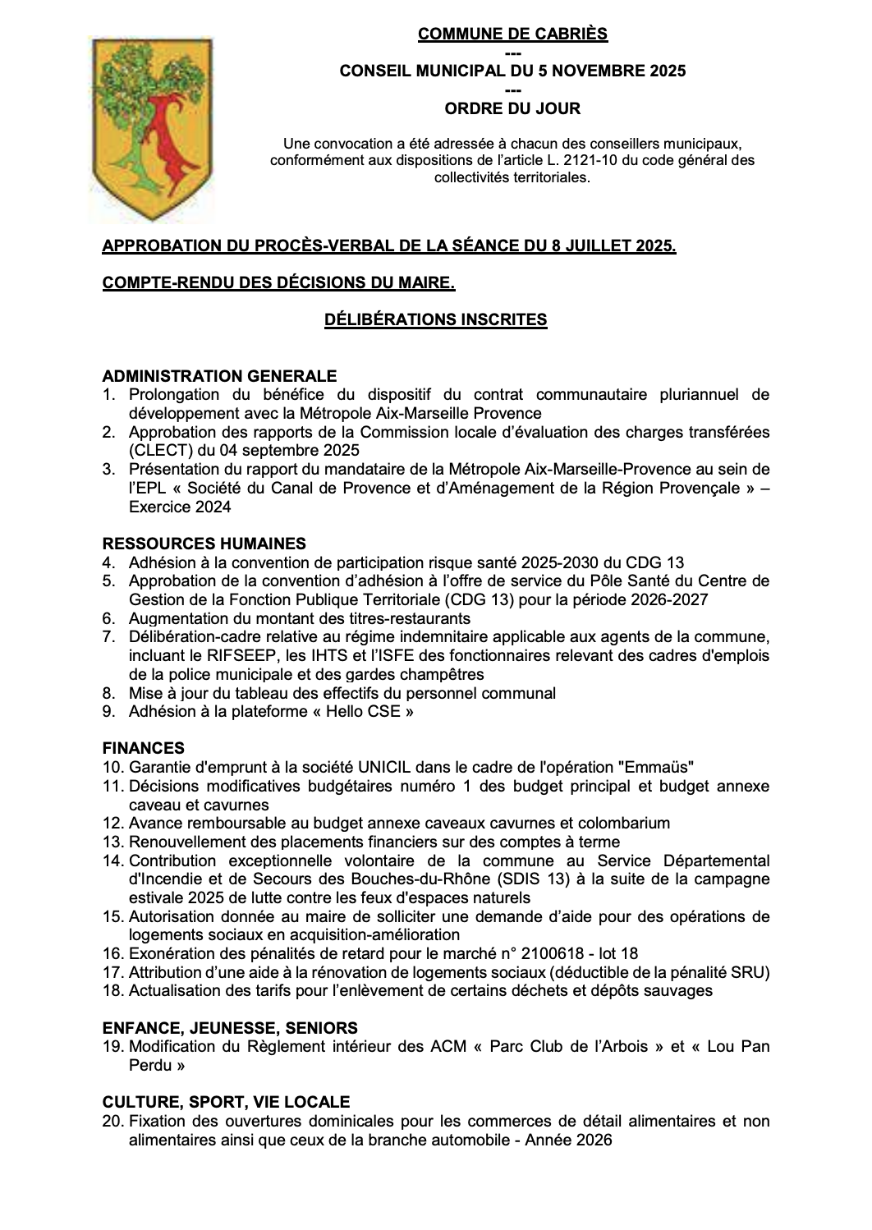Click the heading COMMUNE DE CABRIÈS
[x=512, y=34]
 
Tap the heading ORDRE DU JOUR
[x=512, y=108]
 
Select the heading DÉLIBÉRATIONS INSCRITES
[x=436, y=319]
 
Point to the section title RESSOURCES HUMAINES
[x=204, y=544]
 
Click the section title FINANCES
[x=144, y=748]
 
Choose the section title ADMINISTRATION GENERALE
[x=219, y=376]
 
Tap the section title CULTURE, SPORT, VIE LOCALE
[x=226, y=1102]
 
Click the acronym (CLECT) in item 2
[x=156, y=451]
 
